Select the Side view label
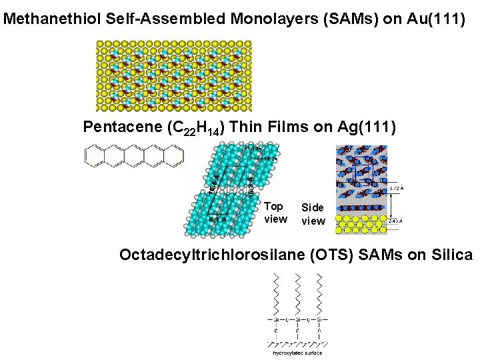(x=313, y=214)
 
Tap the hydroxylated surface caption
(x=297, y=353)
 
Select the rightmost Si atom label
(x=319, y=319)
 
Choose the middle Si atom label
(x=297, y=319)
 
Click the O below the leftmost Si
(x=276, y=331)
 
